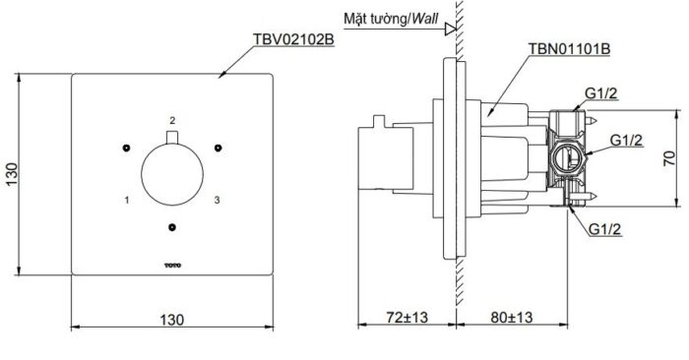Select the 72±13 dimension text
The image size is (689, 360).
(405, 319)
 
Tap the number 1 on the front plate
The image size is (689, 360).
(127, 200)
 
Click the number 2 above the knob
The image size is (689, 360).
(172, 120)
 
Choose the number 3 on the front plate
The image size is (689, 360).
(217, 200)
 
